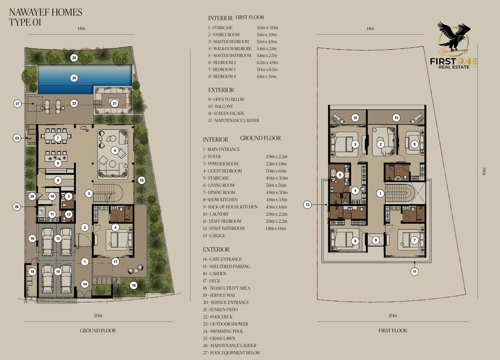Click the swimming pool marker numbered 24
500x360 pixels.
pyautogui.click(x=74, y=78)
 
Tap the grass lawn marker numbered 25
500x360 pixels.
pyautogui.click(x=74, y=58)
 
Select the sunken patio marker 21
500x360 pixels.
pyautogui.click(x=114, y=103)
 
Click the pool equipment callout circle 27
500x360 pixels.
pyautogui.click(x=17, y=104)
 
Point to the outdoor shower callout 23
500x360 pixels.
pyautogui.click(x=17, y=138)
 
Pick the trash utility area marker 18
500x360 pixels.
pyautogui.click(x=32, y=272)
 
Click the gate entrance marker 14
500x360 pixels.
pyautogui.click(x=85, y=284)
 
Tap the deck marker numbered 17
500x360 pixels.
pyautogui.click(x=115, y=262)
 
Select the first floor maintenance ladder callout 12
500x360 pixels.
pyautogui.click(x=307, y=205)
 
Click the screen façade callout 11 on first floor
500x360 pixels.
pyautogui.click(x=414, y=272)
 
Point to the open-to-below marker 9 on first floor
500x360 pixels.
pyautogui.click(x=376, y=240)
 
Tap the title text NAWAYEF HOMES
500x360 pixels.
pyautogui.click(x=46, y=12)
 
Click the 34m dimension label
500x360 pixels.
pyautogui.click(x=484, y=171)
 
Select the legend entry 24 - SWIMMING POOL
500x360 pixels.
pyautogui.click(x=223, y=331)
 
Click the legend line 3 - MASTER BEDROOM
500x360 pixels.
pyautogui.click(x=228, y=42)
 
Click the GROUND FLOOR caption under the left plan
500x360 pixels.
pyautogui.click(x=98, y=331)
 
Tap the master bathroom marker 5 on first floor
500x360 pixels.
pyautogui.click(x=340, y=175)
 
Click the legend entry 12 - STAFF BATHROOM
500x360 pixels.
pyautogui.click(x=224, y=229)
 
